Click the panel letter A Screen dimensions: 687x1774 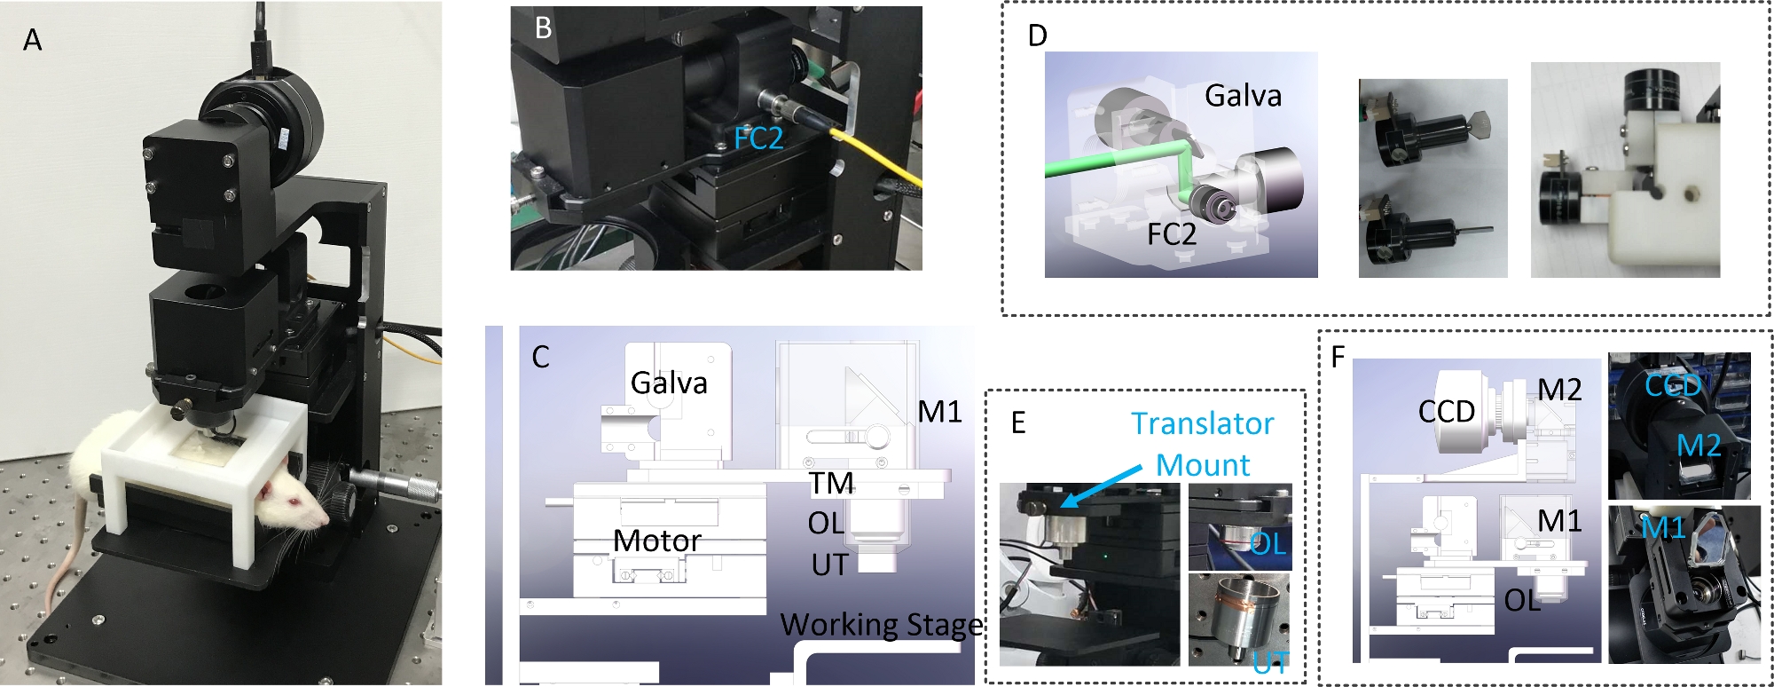pyautogui.click(x=33, y=40)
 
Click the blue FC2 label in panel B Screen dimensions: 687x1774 pyautogui.click(x=758, y=138)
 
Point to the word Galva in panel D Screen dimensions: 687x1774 pyautogui.click(x=1243, y=96)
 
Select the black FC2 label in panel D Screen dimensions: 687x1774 pyautogui.click(x=1171, y=234)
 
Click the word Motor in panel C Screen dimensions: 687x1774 pyautogui.click(x=657, y=541)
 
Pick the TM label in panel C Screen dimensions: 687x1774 pyautogui.click(x=831, y=484)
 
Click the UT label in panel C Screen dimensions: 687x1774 pyautogui.click(x=829, y=565)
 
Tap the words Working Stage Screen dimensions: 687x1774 pyautogui.click(x=881, y=625)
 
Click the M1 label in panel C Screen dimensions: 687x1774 pyautogui.click(x=939, y=412)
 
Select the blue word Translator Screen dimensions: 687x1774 pyautogui.click(x=1202, y=424)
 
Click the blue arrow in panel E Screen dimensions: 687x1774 pyautogui.click(x=1100, y=486)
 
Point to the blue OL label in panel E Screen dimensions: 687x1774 pyautogui.click(x=1268, y=544)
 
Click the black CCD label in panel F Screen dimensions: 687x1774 pyautogui.click(x=1446, y=412)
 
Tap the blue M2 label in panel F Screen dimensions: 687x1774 pyautogui.click(x=1699, y=446)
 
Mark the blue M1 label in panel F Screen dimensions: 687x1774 pyautogui.click(x=1663, y=528)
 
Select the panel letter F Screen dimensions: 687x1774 pyautogui.click(x=1338, y=358)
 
